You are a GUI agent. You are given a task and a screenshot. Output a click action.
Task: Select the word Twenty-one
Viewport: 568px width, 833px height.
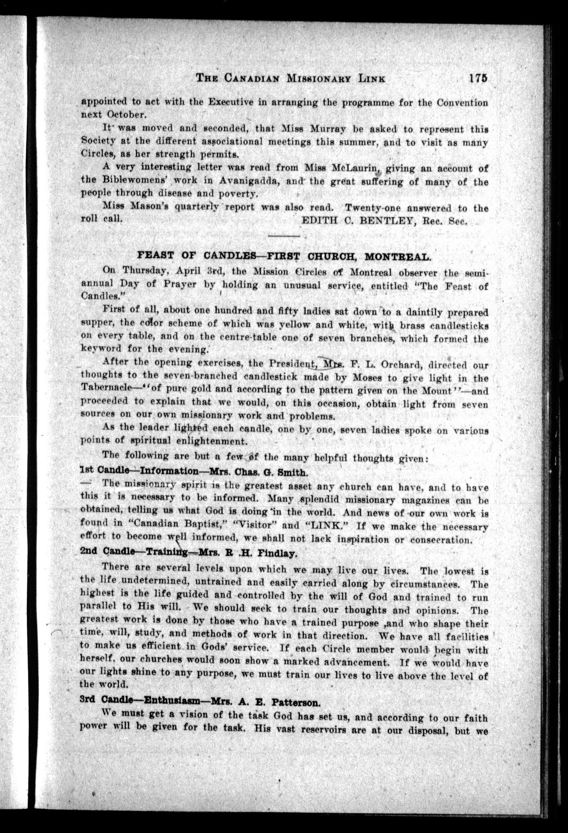pos(367,208)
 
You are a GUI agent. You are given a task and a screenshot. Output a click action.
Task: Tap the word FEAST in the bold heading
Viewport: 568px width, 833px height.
pos(155,255)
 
